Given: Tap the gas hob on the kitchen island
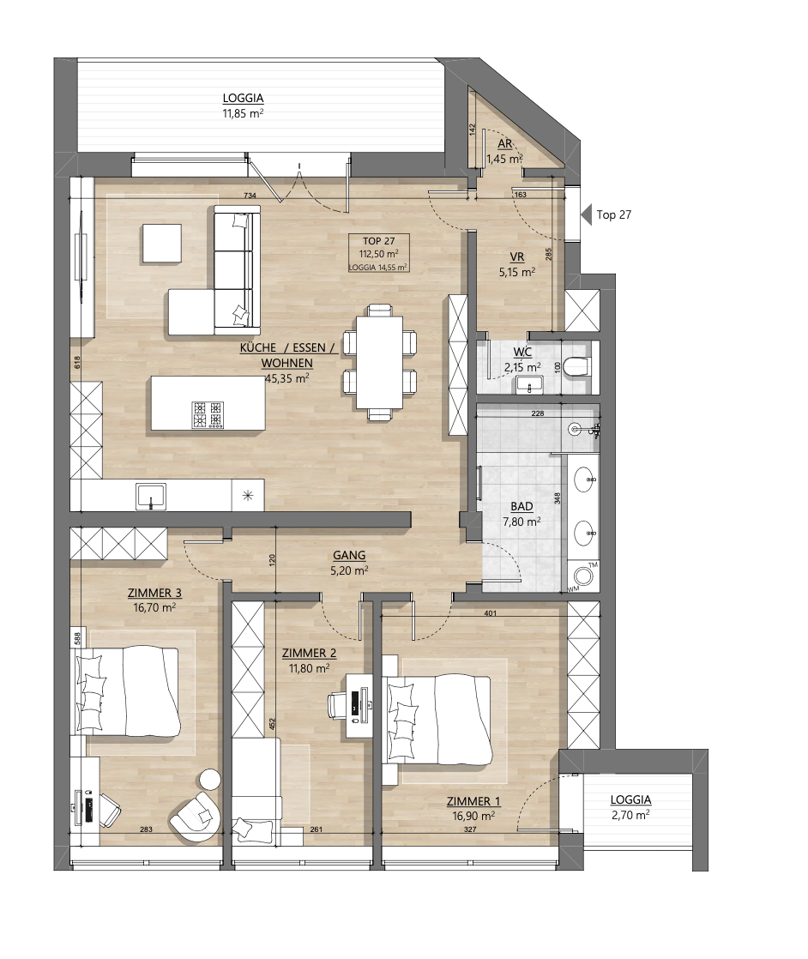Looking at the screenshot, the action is [208, 414].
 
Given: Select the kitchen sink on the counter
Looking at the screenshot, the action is [151, 496].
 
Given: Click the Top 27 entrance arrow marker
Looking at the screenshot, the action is [586, 214].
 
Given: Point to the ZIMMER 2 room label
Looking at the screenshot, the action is [309, 653].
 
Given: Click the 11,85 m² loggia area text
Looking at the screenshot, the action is [243, 113].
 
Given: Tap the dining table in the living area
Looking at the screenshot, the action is [379, 362].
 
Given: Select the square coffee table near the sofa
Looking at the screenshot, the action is [162, 244].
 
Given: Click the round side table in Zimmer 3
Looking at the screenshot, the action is [210, 779].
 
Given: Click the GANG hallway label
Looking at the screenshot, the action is [349, 555].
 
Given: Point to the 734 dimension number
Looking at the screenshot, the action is [250, 196].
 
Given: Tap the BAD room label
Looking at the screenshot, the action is [522, 506].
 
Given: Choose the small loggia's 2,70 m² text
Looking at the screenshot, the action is [630, 815].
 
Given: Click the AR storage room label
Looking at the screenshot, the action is [504, 144].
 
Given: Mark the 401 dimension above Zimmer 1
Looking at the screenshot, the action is [490, 613].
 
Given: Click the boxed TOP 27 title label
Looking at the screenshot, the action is [378, 241].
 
